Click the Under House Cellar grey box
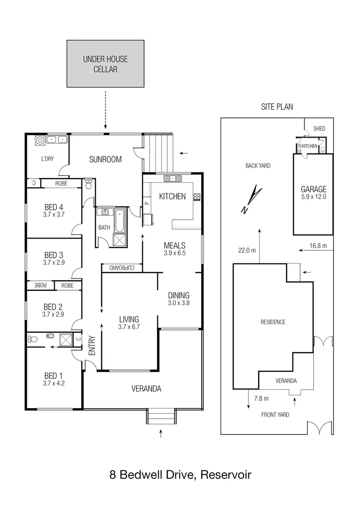coord(105,64)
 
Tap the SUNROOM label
coord(106,159)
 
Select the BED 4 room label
coord(54,207)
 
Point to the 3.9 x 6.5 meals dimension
coord(174,253)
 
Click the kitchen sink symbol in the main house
coord(173,178)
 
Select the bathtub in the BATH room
coord(120,221)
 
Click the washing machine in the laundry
coord(40,140)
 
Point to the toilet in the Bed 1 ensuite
coord(33,338)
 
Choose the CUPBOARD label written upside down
coord(122,268)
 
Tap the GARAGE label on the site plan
coord(313,189)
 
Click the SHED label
coord(319,129)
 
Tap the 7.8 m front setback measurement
coord(261,398)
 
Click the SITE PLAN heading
coord(277,107)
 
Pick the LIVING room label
coord(129,319)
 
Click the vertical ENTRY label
coord(91,346)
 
